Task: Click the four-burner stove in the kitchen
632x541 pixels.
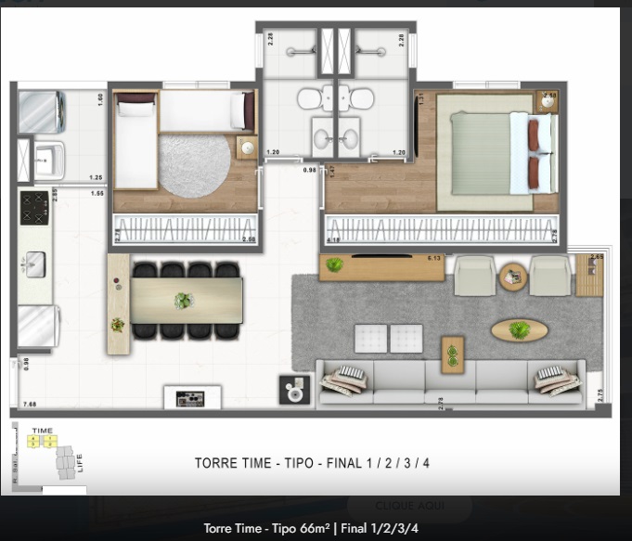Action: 34,207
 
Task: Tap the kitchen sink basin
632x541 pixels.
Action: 35,264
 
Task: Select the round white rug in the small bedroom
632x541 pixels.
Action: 194,164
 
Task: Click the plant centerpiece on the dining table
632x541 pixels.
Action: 184,301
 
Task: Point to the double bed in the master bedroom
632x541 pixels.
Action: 497,152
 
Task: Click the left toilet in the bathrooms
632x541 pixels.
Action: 308,97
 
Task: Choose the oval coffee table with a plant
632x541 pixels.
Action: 519,329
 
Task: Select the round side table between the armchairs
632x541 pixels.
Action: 512,276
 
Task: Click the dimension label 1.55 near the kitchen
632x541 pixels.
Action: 97,193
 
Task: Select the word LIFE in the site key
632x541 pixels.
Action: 81,462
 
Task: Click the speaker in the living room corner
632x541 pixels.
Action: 294,390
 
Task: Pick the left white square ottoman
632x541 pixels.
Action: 371,338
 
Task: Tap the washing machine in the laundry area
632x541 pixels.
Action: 40,111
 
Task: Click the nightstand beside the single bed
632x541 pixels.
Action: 247,148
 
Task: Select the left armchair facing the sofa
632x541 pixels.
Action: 474,276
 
